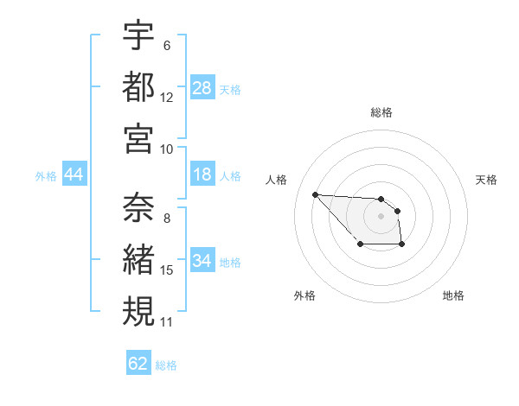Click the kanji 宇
[138, 36]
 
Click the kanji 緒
[138, 258]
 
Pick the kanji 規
[138, 310]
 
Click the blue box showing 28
[202, 87]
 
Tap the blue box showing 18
[202, 174]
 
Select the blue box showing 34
[202, 261]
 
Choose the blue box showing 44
[74, 174]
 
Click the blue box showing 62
[138, 364]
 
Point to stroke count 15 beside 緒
[167, 270]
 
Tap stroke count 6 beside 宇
[167, 45]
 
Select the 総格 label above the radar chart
[381, 112]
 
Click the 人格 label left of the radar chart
[277, 180]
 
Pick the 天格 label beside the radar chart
[487, 180]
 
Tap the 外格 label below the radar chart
[304, 295]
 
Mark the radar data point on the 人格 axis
[315, 194]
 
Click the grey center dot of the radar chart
[381, 215]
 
